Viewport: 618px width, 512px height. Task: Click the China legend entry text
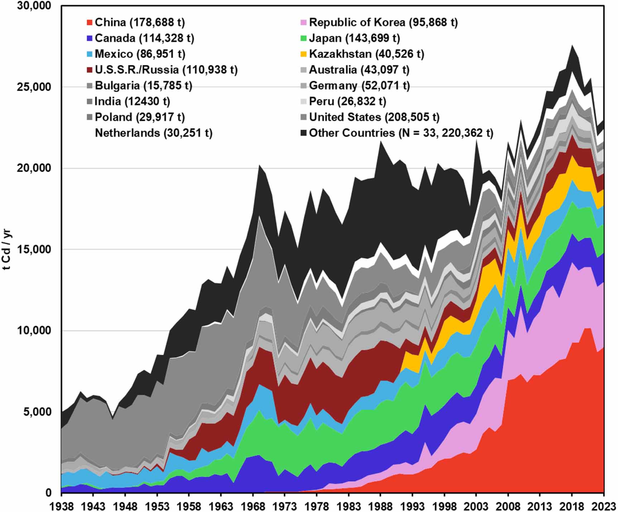[x=140, y=23]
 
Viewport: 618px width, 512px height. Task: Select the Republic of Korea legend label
[x=383, y=23]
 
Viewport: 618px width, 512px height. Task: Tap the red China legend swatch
[x=89, y=23]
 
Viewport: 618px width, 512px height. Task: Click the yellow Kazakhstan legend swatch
[x=303, y=54]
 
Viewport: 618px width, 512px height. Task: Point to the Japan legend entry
[x=354, y=38]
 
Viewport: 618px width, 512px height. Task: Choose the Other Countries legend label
[x=401, y=133]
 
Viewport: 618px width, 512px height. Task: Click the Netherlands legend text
[x=153, y=133]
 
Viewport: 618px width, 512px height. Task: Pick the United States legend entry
[x=374, y=117]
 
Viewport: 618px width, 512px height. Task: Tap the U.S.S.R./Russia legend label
[x=166, y=70]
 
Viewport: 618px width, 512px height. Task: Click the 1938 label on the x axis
[x=61, y=506]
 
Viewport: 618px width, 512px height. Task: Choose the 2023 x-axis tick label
[x=603, y=506]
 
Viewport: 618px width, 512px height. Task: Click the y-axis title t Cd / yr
[x=8, y=249]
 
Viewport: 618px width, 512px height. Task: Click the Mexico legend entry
[x=140, y=54]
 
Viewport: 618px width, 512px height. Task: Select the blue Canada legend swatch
[x=89, y=38]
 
